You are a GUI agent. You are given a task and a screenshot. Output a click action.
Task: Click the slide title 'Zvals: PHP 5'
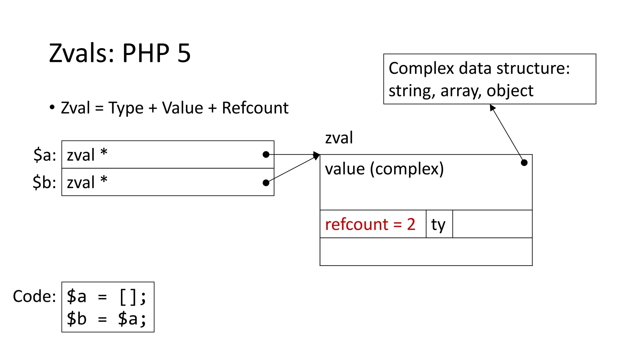tap(120, 53)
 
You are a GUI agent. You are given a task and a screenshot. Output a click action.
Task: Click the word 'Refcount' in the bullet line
tap(255, 108)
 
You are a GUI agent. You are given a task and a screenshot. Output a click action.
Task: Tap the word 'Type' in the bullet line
tap(126, 108)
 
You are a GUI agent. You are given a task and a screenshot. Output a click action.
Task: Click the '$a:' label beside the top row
tap(45, 155)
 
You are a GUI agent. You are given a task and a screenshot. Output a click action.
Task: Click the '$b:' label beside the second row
tap(44, 182)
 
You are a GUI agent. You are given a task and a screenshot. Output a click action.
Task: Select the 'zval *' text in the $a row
tap(87, 155)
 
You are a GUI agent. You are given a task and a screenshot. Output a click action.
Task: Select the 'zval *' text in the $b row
tap(87, 182)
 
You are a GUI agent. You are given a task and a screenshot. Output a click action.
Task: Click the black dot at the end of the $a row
tap(266, 154)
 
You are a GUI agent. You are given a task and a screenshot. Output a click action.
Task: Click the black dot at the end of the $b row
tap(266, 183)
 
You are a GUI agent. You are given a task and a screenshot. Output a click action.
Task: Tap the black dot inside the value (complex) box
tap(524, 162)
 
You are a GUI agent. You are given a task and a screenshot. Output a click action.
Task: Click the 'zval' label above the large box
tap(339, 138)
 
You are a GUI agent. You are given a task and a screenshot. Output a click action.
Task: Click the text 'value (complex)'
tap(384, 169)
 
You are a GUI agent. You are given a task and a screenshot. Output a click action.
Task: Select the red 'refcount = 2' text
tap(370, 224)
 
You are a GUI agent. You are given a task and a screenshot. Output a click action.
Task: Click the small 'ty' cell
tap(438, 224)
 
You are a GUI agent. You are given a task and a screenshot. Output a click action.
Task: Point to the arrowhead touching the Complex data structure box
tap(492, 107)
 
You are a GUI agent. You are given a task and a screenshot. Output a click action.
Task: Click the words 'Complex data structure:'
tap(479, 68)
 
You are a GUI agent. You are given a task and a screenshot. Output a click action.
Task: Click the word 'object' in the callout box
tap(510, 91)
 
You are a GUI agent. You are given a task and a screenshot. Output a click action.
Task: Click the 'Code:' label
tap(34, 296)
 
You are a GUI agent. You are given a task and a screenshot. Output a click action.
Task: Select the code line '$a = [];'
tap(106, 296)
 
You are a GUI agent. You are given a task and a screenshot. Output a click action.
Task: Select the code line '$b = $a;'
tap(106, 319)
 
